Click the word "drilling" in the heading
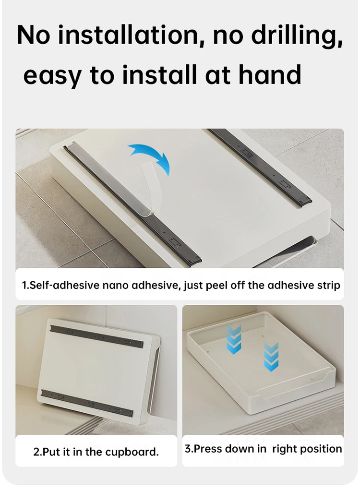click(x=296, y=35)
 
